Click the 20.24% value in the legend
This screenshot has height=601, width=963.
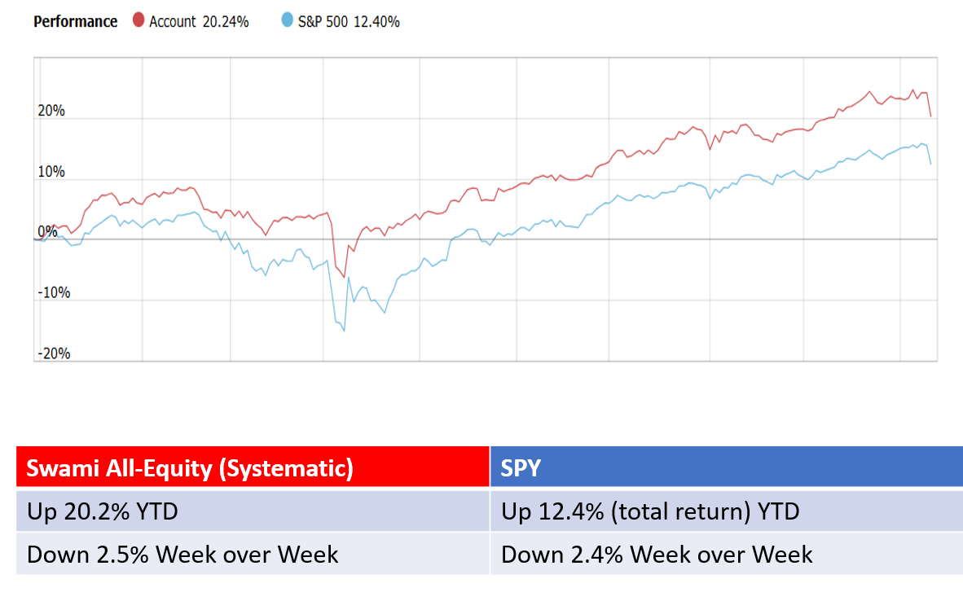tap(226, 22)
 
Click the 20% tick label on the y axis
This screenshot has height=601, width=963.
tap(51, 112)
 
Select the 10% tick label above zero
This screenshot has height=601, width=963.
tap(51, 173)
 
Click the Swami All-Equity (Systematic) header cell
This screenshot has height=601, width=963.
tap(190, 468)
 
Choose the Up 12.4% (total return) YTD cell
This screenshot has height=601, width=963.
tap(650, 511)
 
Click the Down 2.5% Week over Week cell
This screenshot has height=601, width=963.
tap(182, 555)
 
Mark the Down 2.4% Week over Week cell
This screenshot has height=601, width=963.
tap(657, 555)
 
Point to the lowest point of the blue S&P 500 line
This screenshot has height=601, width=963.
tap(344, 331)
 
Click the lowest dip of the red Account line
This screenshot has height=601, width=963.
tap(344, 277)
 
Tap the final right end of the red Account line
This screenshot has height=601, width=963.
tap(930, 116)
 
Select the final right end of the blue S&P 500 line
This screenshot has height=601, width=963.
tap(930, 165)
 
